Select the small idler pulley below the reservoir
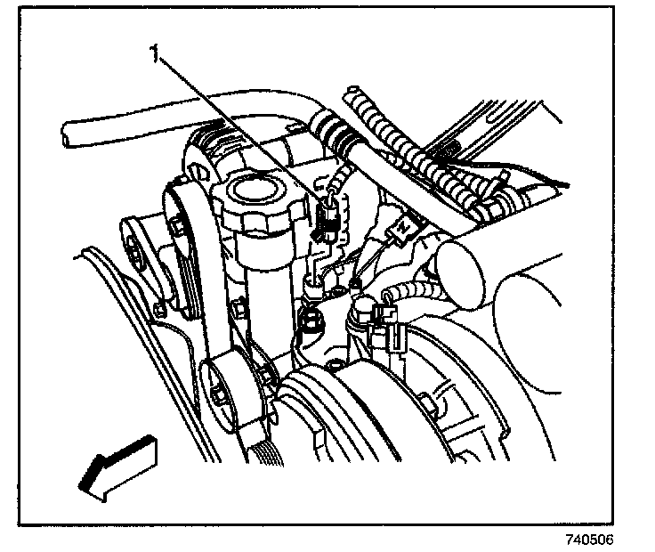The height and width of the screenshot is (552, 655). pos(230,387)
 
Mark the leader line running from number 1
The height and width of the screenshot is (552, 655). pos(240,134)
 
